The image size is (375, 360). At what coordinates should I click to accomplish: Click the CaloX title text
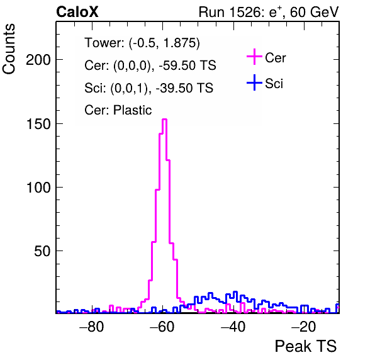tap(77, 12)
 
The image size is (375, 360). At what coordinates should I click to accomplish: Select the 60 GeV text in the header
tap(315, 12)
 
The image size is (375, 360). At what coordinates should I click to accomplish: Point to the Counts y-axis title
tap(9, 49)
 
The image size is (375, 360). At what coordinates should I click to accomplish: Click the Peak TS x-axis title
tap(306, 346)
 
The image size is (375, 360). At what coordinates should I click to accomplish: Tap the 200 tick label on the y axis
tap(38, 60)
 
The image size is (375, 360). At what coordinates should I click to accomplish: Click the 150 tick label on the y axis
tap(38, 124)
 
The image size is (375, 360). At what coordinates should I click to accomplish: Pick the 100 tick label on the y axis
tap(38, 188)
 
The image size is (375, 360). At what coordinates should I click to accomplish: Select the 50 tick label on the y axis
tap(42, 251)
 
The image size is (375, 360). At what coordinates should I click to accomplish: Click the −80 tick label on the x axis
tap(92, 327)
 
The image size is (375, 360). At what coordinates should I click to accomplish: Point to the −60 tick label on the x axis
tap(162, 327)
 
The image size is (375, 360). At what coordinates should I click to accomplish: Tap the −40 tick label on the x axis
tap(233, 327)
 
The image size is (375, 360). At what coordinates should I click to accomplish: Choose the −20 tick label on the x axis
tap(304, 327)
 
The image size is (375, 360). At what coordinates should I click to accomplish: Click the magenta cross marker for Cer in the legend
tap(254, 57)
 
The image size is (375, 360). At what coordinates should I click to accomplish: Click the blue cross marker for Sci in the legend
tap(254, 82)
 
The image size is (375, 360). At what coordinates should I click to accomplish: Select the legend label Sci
tap(274, 84)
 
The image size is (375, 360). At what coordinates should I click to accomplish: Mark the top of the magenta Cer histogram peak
tap(164, 119)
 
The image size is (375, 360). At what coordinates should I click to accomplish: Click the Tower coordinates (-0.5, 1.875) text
tap(164, 43)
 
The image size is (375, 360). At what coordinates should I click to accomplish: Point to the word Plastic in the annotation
tap(133, 110)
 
